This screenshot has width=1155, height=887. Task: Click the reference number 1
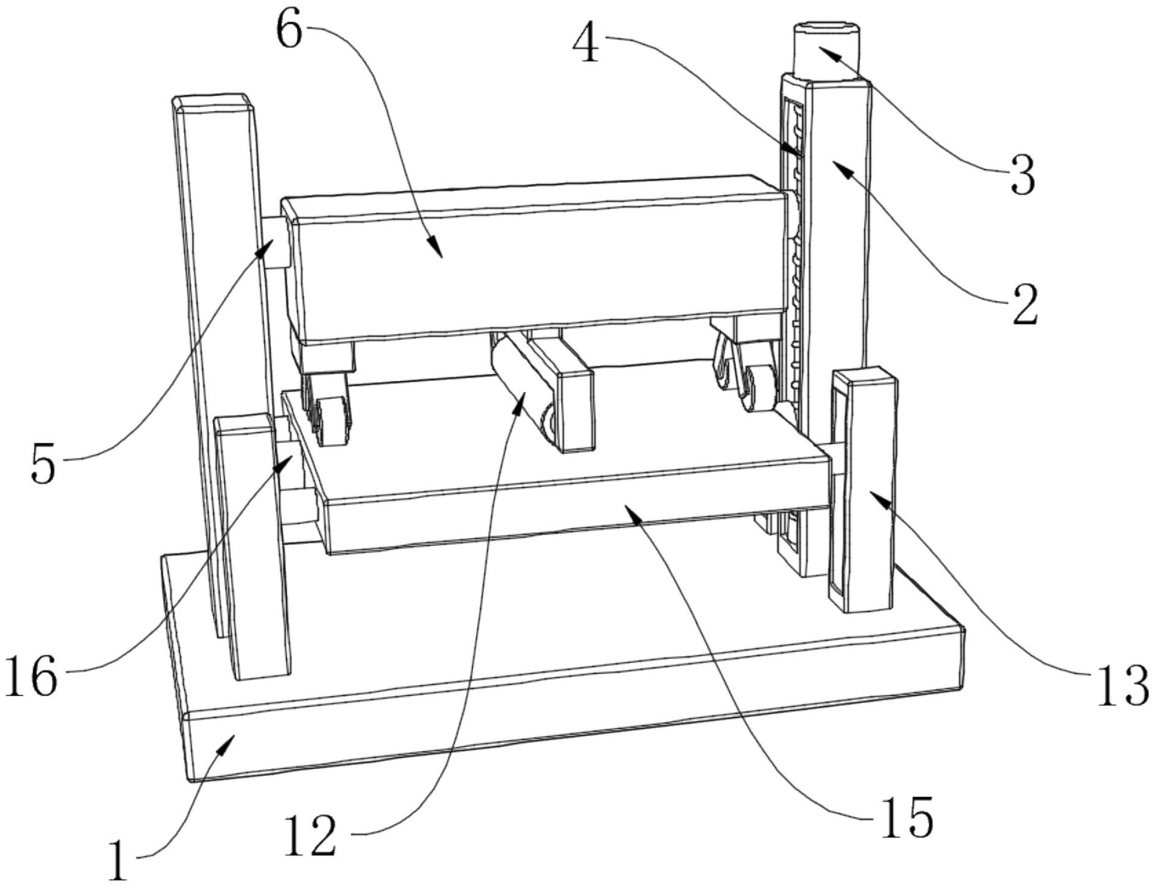pyautogui.click(x=118, y=862)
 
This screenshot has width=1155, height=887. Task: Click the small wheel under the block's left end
pyautogui.click(x=330, y=420)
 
